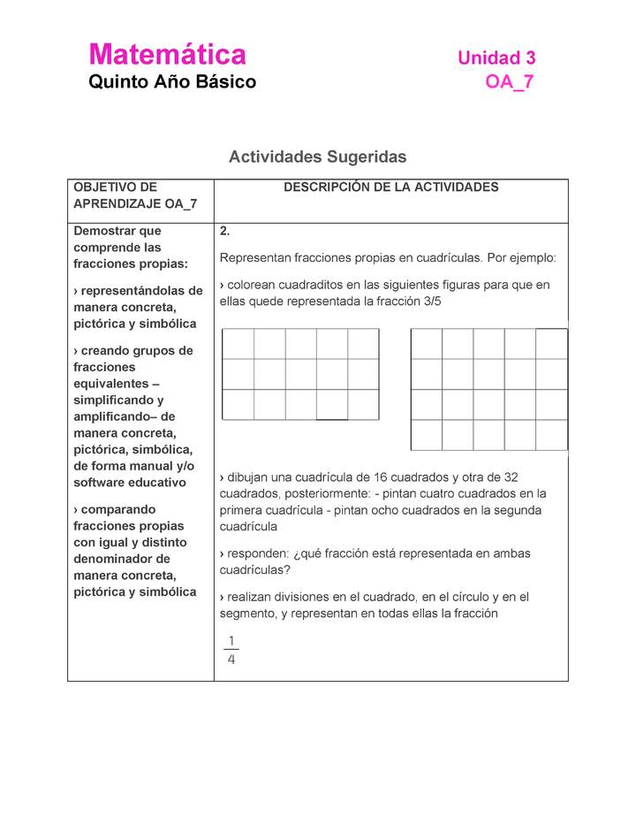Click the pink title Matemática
[x=167, y=55]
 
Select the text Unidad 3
[x=496, y=58]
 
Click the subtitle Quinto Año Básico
[x=172, y=82]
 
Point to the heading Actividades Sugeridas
[x=317, y=157]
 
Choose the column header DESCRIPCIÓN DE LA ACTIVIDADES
[x=390, y=187]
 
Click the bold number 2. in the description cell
[x=225, y=232]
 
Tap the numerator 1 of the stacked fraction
[x=231, y=640]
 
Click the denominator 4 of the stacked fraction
[x=231, y=659]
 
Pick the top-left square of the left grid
[x=238, y=344]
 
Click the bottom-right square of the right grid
[x=551, y=435]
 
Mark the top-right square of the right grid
[x=551, y=344]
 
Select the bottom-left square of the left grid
[x=238, y=404]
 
